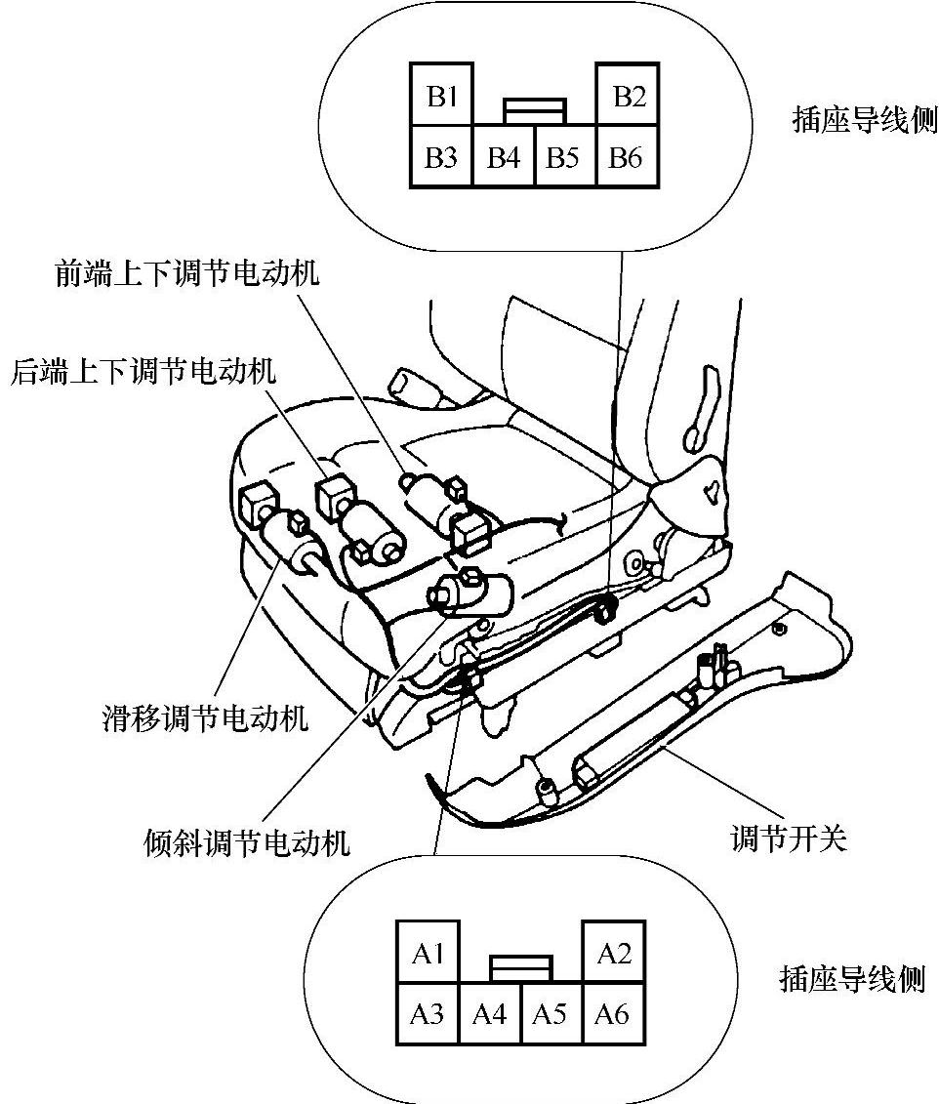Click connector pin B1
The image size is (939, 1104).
(x=441, y=96)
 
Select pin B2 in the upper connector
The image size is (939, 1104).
(x=628, y=96)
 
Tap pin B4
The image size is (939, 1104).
(x=504, y=156)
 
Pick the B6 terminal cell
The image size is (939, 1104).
(x=626, y=156)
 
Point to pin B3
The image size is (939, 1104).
(x=441, y=156)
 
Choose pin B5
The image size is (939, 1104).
(x=564, y=156)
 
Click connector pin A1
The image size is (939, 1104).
(x=428, y=952)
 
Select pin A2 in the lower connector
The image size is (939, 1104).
(x=613, y=952)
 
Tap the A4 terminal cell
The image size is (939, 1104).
(x=489, y=1013)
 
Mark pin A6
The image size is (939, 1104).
(x=612, y=1013)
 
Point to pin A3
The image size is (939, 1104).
(x=428, y=1013)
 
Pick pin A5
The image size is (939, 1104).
(x=551, y=1013)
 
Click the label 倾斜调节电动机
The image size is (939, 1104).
(x=245, y=841)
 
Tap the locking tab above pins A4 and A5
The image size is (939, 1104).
(x=521, y=967)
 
